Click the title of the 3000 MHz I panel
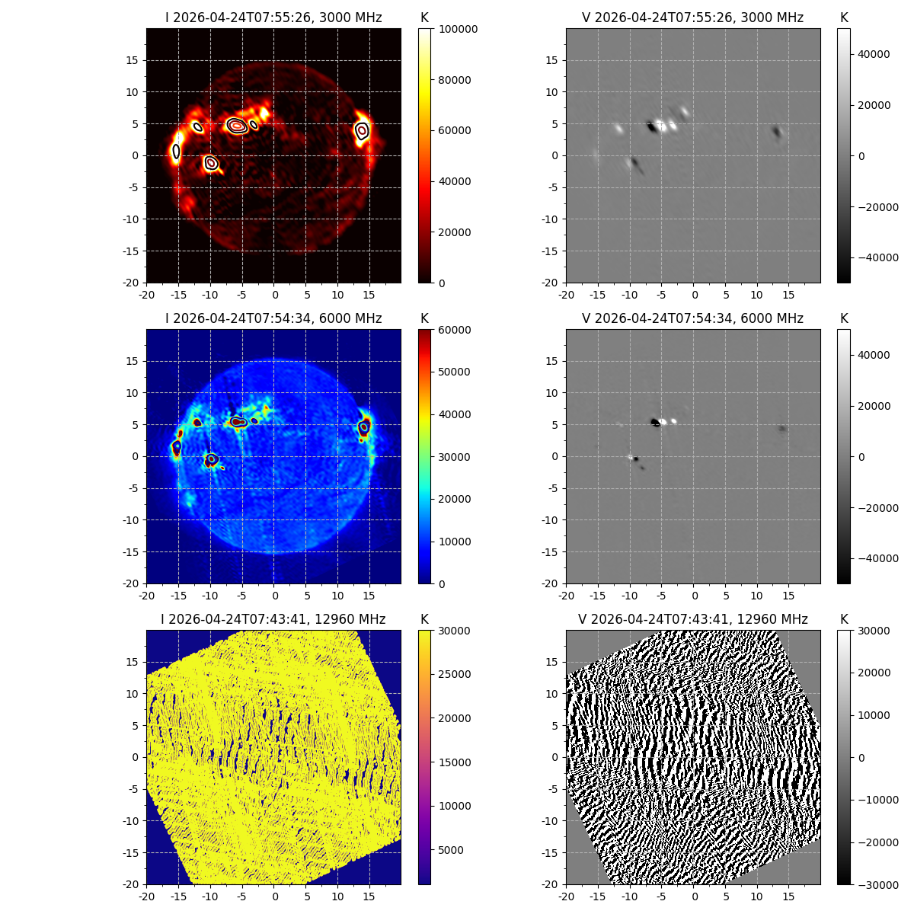pos(273,18)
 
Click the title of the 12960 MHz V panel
pos(692,619)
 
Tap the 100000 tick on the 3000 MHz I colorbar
pos(459,29)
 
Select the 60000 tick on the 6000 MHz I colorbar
pos(456,330)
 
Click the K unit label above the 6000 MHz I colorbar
pos(424,318)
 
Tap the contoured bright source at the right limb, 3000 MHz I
pos(362,131)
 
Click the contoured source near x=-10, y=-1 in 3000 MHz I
pos(211,162)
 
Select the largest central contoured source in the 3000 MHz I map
pos(238,126)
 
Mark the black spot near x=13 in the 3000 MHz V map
pos(777,133)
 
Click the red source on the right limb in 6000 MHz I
pos(365,427)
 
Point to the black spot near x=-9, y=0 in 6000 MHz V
pos(636,459)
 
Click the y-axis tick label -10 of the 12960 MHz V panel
pos(551,821)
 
